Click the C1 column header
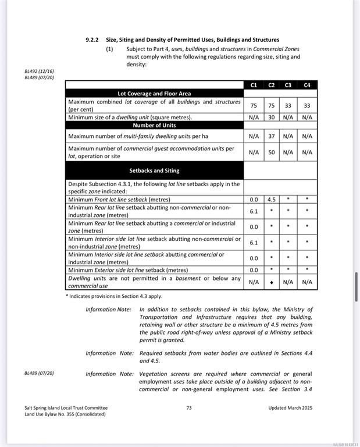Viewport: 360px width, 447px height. (x=254, y=85)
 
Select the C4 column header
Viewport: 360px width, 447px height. (x=307, y=85)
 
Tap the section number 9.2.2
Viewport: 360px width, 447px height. (x=92, y=40)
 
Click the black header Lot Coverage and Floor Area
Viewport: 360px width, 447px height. (x=154, y=93)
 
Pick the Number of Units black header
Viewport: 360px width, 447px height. (x=154, y=125)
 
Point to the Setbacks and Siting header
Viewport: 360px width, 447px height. (x=154, y=171)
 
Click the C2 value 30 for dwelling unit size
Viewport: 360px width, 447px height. (x=272, y=117)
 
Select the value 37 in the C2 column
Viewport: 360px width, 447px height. (x=272, y=136)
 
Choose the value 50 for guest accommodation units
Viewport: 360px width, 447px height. (x=272, y=152)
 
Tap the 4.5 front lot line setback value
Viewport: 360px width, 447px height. (x=272, y=200)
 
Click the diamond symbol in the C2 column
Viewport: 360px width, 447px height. (x=272, y=282)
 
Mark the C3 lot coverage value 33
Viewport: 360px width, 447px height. (x=288, y=105)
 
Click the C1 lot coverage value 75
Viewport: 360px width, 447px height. (x=254, y=105)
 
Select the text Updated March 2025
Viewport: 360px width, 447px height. (x=290, y=408)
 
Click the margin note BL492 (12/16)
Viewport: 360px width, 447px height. (x=39, y=71)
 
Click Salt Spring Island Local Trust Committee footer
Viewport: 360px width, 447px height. (x=66, y=408)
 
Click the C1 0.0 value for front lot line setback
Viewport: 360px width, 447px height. (x=254, y=200)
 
